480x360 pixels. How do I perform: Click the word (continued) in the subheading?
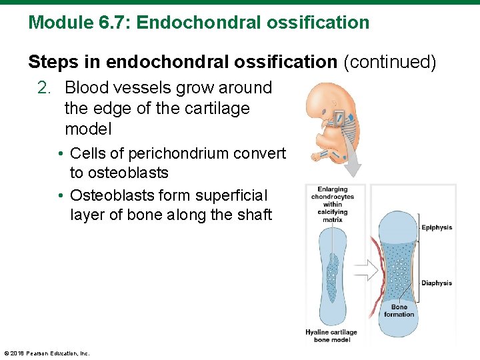tap(389, 62)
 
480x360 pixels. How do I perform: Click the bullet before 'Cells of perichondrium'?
tap(61, 154)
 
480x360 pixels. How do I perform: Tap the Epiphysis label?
tap(437, 227)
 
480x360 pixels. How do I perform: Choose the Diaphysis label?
tap(437, 283)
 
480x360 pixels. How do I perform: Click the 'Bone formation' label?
tap(399, 311)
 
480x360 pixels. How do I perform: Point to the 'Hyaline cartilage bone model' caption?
tap(331, 336)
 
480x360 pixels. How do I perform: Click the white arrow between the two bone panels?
tap(365, 269)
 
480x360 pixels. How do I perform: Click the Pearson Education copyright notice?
tap(47, 353)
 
